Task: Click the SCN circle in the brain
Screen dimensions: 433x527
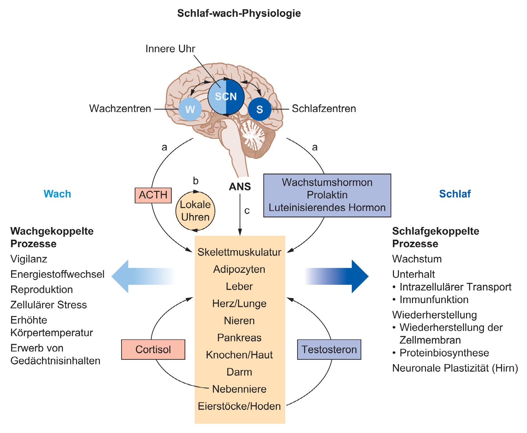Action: (x=226, y=96)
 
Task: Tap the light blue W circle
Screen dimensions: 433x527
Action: (x=190, y=109)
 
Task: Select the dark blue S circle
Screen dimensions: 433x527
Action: (x=260, y=109)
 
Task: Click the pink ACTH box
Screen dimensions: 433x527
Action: (x=153, y=195)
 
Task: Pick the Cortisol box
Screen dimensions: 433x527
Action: (x=153, y=349)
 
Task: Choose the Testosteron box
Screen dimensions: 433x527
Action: (x=329, y=349)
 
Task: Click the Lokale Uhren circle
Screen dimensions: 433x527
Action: (x=195, y=210)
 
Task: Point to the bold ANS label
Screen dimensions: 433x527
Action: (x=240, y=187)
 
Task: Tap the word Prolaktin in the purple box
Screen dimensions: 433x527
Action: (x=327, y=195)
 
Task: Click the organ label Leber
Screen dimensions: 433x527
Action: (x=239, y=286)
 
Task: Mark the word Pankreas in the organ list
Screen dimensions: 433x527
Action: (x=239, y=338)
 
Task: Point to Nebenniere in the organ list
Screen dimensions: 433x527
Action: (x=239, y=389)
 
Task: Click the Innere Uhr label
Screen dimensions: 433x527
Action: (x=170, y=49)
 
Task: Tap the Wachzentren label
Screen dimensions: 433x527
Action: (x=120, y=108)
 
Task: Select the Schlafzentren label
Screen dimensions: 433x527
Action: (x=324, y=108)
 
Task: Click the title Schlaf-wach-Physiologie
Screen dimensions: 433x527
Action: (x=239, y=13)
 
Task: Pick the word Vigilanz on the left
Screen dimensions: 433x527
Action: (x=29, y=259)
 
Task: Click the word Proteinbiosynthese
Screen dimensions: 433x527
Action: (x=444, y=353)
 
